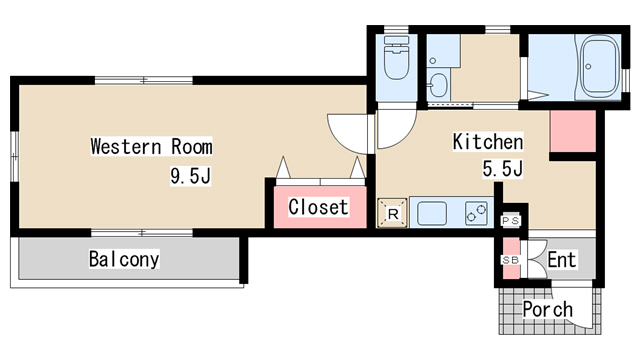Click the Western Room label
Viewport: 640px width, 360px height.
[x=151, y=147]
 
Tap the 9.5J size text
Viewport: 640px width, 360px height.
[x=191, y=176]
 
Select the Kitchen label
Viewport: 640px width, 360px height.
[x=488, y=142]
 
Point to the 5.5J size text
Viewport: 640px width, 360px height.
[x=502, y=169]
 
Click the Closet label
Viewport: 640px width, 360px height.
[x=318, y=207]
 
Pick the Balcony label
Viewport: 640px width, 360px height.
[x=124, y=259]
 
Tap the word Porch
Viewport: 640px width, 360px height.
[x=548, y=309]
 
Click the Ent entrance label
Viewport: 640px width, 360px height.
[x=562, y=260]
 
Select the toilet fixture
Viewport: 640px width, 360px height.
[x=397, y=58]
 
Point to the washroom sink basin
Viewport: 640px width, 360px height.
[x=439, y=85]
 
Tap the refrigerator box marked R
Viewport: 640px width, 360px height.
[x=393, y=213]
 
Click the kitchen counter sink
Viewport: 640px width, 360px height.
[x=432, y=213]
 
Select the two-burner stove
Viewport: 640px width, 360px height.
[x=476, y=213]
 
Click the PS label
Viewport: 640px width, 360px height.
[x=510, y=221]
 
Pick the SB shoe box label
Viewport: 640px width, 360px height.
[x=510, y=260]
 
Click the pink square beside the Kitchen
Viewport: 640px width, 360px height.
[x=573, y=131]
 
